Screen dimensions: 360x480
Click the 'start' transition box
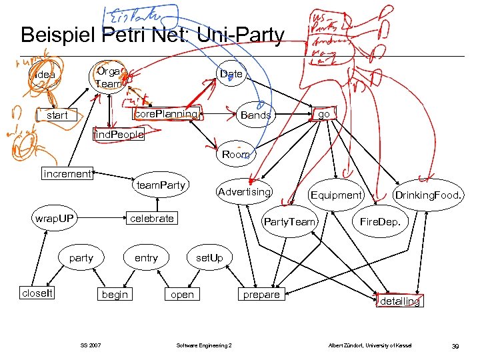coord(57,115)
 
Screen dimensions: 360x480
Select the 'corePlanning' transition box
coord(166,114)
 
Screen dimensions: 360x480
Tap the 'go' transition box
coord(324,114)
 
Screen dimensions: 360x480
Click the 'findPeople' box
coord(118,136)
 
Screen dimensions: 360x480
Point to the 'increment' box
coord(67,174)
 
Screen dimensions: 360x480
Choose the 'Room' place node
coord(235,155)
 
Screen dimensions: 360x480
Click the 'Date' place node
coord(231,74)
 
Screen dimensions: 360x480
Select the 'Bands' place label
coord(255,115)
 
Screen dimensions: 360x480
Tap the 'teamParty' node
coord(160,185)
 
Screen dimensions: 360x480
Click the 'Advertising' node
coord(245,192)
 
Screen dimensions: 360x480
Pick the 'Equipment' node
coord(335,195)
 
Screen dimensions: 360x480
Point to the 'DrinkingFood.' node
coord(429,195)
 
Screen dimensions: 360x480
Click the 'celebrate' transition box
coord(152,218)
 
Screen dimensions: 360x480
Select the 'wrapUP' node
coord(55,218)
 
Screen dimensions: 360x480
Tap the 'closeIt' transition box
coord(37,293)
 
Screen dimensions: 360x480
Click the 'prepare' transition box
coord(261,294)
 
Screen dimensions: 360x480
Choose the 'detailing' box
coord(399,301)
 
